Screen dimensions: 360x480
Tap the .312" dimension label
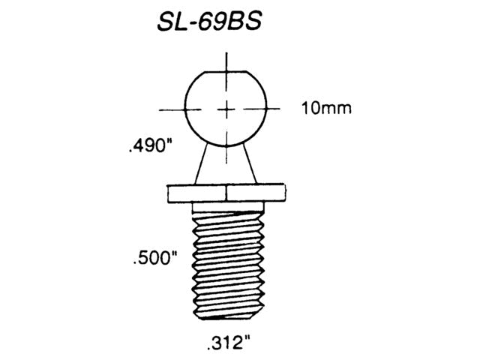pos(225,346)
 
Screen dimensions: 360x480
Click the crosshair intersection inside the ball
pos(226,109)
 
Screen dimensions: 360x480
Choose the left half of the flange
pos(196,193)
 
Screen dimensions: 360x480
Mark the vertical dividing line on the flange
pos(226,193)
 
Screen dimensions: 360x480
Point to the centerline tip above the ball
pos(226,54)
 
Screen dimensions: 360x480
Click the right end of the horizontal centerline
pos(278,109)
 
